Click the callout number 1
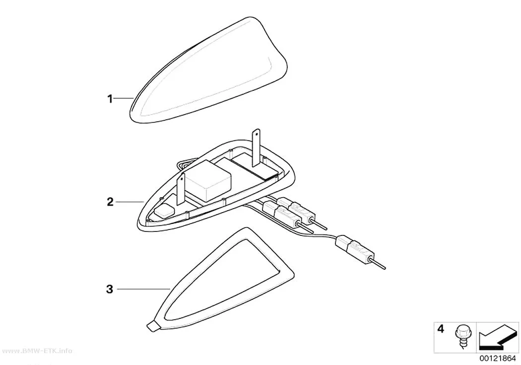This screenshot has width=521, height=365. (110, 99)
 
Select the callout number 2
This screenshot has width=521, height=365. (110, 202)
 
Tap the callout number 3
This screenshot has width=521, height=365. (110, 289)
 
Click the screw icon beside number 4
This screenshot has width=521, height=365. (461, 336)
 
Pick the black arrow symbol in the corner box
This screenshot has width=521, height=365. (497, 338)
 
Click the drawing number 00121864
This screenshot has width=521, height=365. (497, 359)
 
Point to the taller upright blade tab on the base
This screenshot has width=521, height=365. (256, 147)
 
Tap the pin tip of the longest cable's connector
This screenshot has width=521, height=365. (385, 268)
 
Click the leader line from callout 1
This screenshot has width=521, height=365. (124, 98)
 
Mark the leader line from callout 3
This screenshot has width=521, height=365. (144, 289)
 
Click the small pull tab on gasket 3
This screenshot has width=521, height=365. (153, 326)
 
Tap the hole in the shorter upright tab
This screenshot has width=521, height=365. (182, 179)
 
